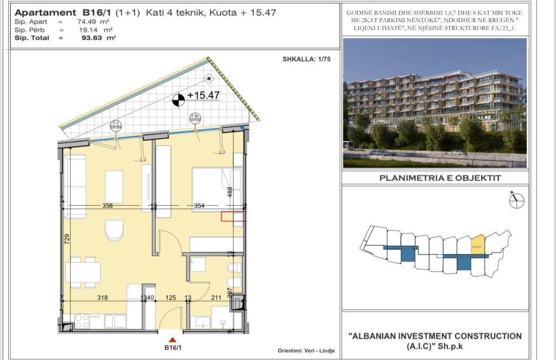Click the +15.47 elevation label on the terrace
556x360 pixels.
pos(204,96)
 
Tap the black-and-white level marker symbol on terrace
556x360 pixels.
pos(178,99)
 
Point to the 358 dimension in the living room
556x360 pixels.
pos(108,205)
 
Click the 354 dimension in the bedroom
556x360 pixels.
pos(199,205)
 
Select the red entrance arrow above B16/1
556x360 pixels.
pos(172,340)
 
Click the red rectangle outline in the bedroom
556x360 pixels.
pos(233,217)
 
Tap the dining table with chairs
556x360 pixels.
pos(83,272)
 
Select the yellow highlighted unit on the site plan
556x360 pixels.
pos(477,245)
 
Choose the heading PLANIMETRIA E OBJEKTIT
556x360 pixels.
pos(439,178)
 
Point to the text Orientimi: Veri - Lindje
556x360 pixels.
pos(306,351)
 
